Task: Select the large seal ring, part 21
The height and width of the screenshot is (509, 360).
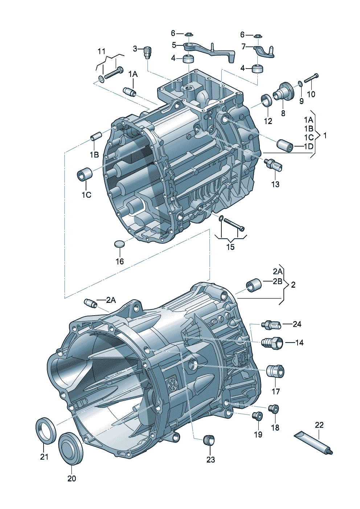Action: (46, 430)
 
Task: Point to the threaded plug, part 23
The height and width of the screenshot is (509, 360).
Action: (209, 440)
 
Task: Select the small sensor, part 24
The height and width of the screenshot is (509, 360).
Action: (271, 324)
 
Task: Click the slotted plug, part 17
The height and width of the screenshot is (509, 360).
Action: (275, 371)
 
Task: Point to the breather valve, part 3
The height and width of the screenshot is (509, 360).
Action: (147, 52)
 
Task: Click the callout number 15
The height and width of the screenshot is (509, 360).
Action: (230, 247)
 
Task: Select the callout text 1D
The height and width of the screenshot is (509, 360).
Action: (308, 146)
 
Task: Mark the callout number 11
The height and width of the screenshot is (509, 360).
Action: (101, 51)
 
